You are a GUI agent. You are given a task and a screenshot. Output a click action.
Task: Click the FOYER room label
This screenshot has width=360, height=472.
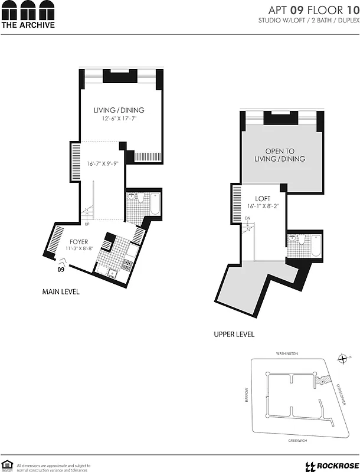[78, 242]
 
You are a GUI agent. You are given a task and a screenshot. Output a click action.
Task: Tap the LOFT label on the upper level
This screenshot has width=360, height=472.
[263, 199]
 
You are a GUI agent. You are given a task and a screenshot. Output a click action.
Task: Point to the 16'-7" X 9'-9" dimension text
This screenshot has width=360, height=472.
[107, 164]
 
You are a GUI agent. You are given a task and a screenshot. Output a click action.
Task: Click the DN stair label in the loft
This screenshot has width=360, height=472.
[248, 218]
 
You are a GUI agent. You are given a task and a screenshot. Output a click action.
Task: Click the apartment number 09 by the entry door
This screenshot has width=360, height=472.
[60, 270]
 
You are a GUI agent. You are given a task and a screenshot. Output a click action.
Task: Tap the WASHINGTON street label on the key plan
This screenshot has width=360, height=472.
[287, 353]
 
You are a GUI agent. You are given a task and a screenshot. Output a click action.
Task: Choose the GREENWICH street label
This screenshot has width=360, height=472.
[287, 440]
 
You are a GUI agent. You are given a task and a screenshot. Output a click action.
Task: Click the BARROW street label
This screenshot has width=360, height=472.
[247, 394]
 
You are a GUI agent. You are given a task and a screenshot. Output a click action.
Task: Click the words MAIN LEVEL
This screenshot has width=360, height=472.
[61, 291]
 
